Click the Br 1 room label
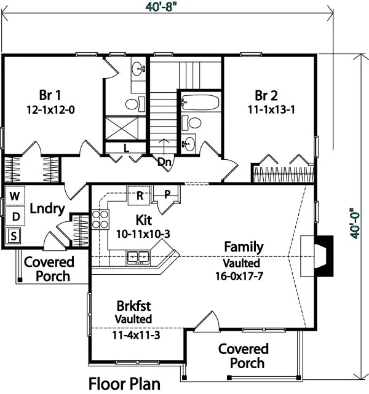(x=50, y=95)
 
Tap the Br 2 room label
(x=266, y=95)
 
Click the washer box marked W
(x=14, y=196)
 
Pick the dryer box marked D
(x=14, y=216)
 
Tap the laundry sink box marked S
(x=14, y=235)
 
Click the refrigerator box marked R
(x=140, y=195)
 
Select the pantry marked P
(x=166, y=194)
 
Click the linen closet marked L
(x=125, y=148)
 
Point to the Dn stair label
(x=164, y=162)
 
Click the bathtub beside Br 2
(x=200, y=102)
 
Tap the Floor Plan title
(x=125, y=384)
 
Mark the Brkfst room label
(x=133, y=305)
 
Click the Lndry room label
(x=47, y=209)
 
